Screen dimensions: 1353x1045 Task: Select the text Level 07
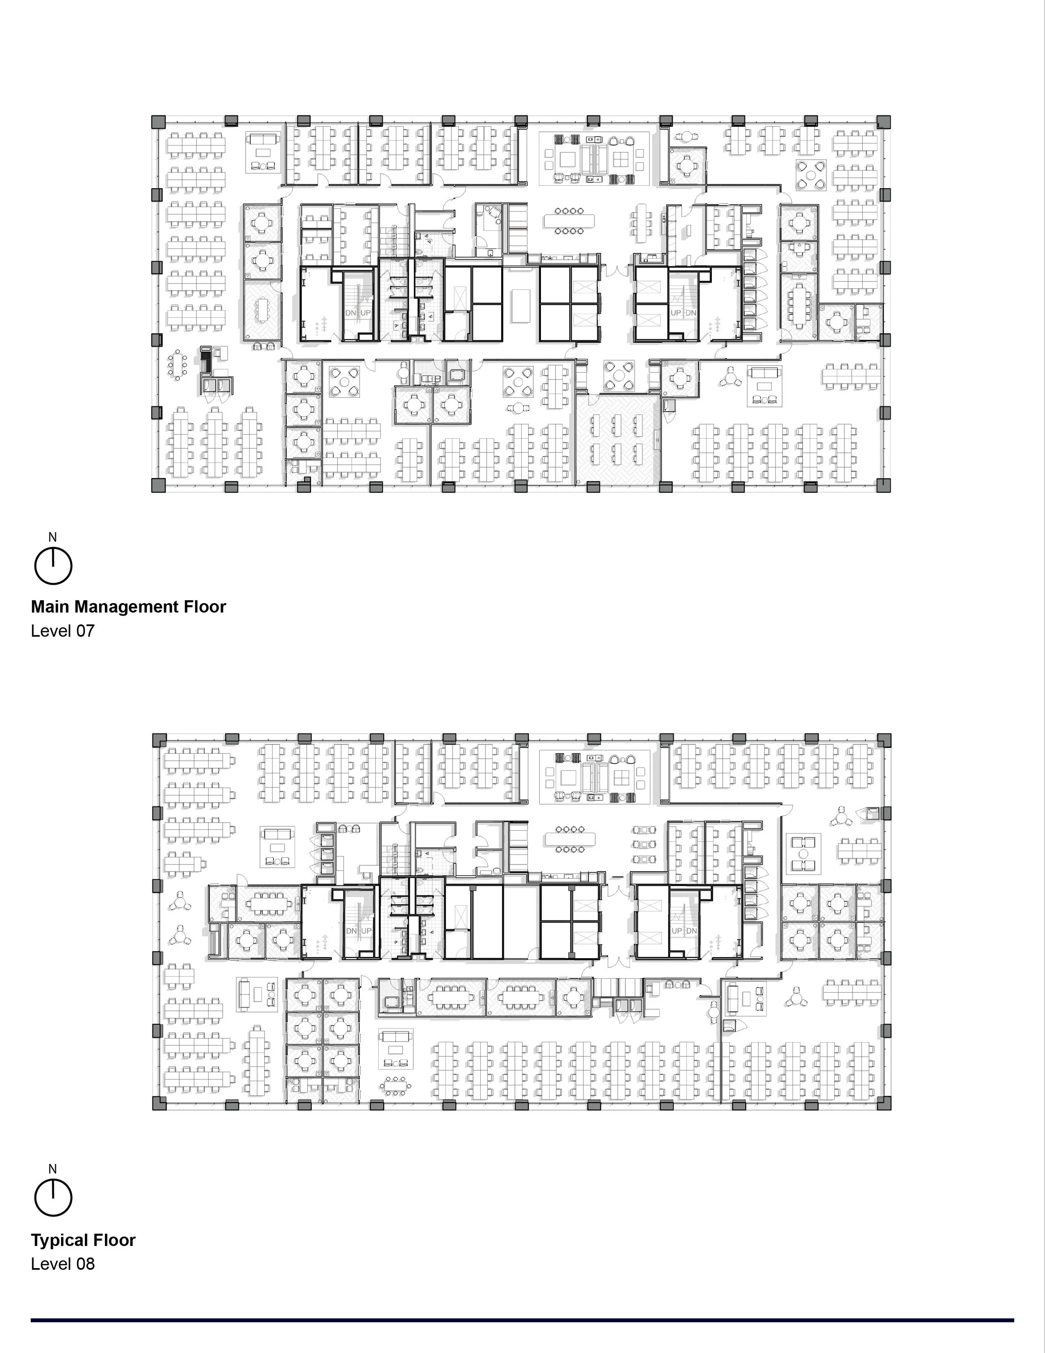63,631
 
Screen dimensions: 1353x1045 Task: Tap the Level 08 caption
63,1264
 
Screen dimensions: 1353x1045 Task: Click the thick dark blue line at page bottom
522,1320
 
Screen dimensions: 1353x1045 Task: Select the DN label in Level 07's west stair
350,313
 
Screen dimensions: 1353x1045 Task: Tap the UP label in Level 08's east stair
676,931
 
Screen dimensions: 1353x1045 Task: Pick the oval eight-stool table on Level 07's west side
178,366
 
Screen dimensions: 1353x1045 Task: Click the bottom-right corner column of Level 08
884,1103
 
